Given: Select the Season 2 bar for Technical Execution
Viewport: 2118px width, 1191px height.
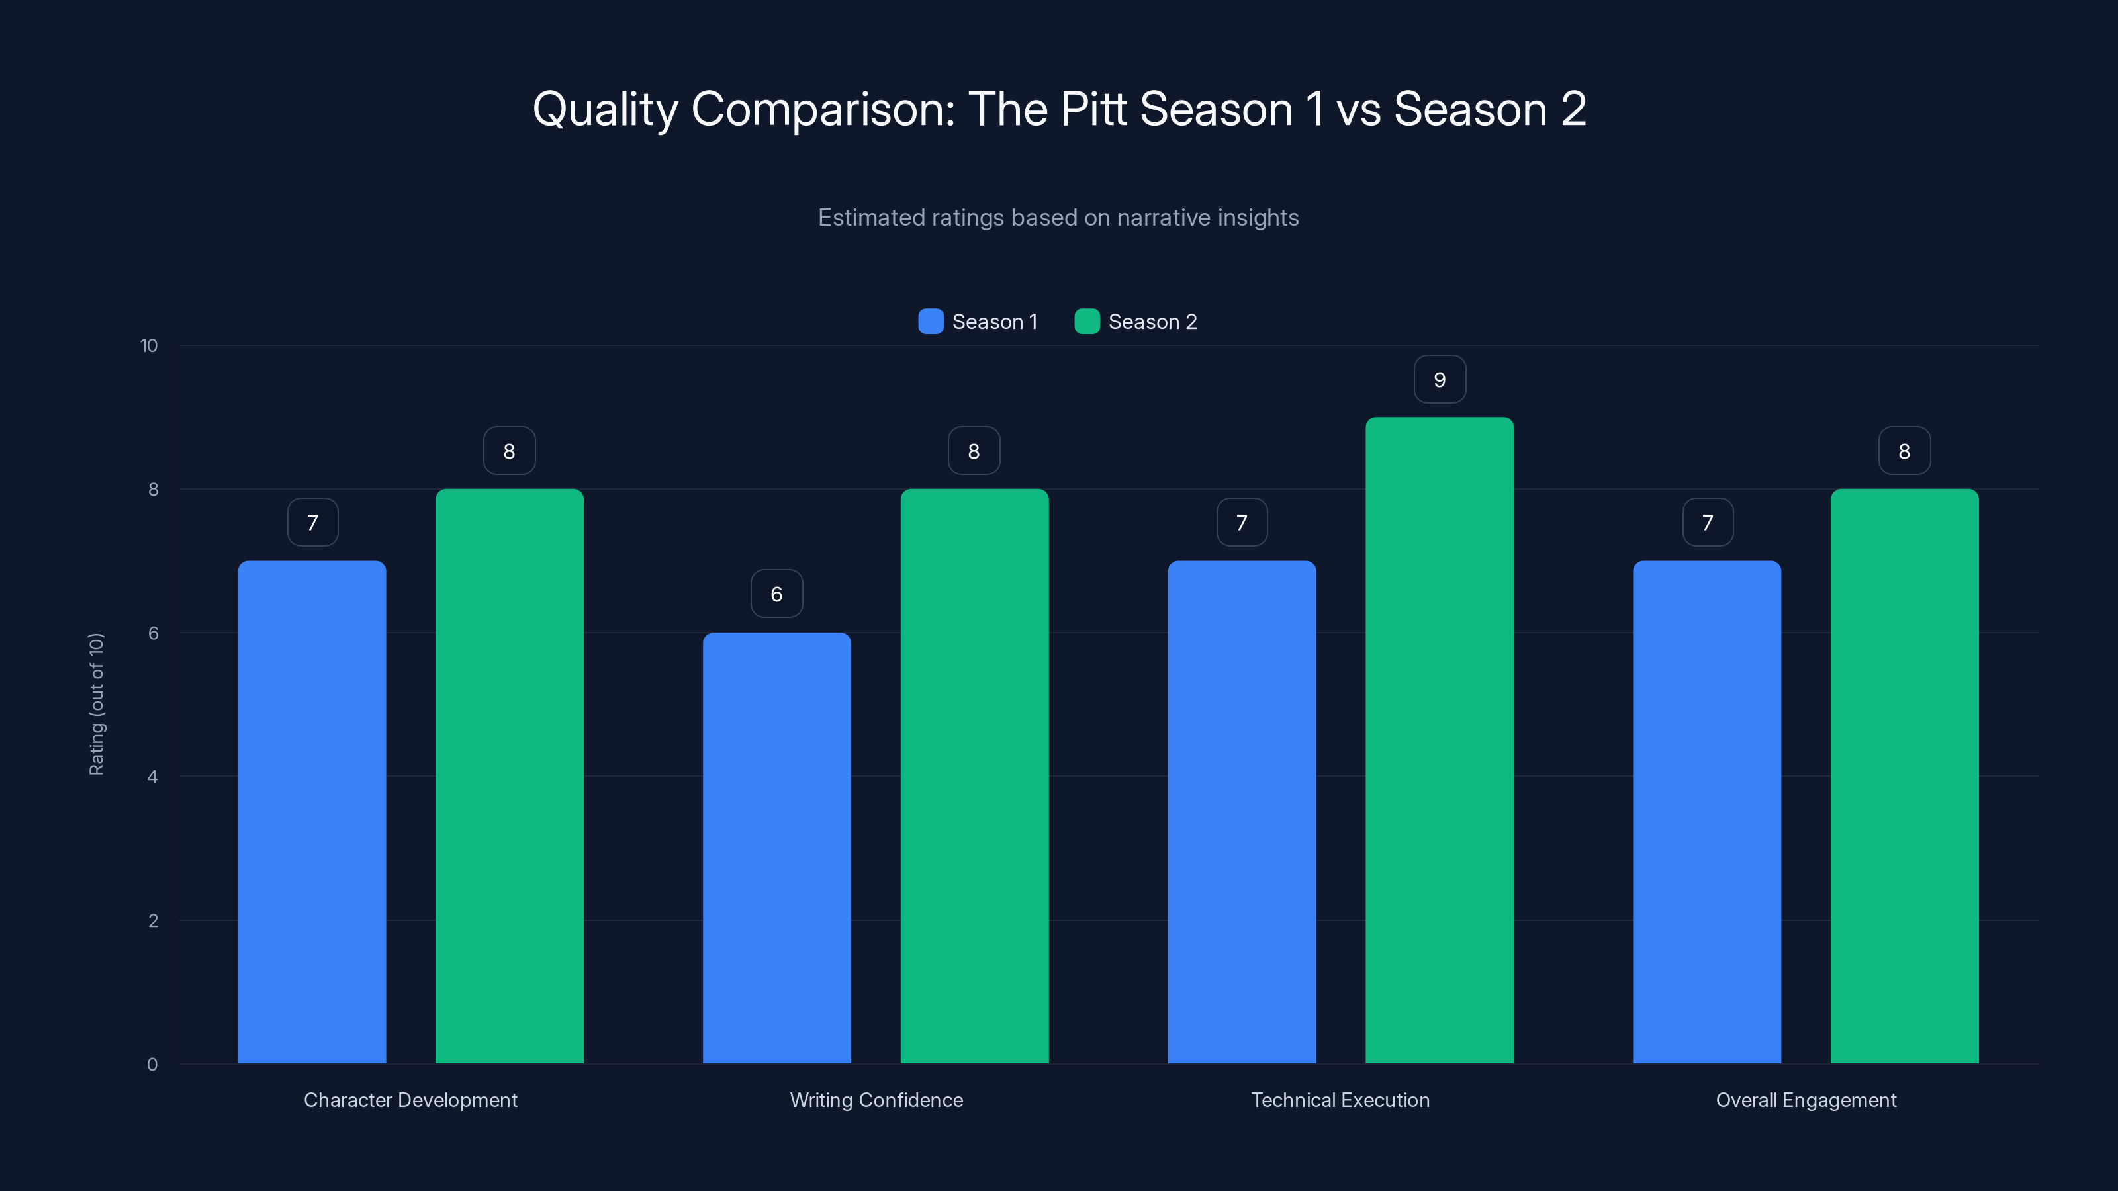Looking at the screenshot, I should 1439,740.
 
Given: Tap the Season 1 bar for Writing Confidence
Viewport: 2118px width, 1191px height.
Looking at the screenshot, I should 776,848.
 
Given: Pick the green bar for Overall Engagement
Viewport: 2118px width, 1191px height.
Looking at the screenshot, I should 1904,776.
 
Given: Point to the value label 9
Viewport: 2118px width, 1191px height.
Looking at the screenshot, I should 1439,380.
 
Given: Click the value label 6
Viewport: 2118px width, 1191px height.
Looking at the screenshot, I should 776,594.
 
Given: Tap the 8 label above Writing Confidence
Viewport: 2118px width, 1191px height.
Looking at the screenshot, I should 974,451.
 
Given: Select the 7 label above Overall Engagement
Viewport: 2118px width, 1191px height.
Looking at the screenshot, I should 1707,523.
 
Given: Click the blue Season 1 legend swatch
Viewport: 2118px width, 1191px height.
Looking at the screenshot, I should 930,322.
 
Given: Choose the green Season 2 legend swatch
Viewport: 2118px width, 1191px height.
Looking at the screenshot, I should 1086,322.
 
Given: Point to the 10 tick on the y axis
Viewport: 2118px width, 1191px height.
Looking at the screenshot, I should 149,346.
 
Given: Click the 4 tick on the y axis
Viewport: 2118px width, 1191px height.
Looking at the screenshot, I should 152,777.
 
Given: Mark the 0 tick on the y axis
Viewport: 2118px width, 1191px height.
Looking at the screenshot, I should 152,1065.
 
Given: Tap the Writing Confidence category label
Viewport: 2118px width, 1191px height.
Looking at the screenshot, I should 876,1100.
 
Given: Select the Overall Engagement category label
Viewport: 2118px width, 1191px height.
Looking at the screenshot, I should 1806,1100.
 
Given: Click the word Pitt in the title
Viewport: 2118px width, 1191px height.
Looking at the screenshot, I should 1093,109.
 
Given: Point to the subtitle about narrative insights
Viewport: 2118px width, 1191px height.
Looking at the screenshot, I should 1058,218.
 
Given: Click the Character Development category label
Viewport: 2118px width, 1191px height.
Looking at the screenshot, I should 410,1100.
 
